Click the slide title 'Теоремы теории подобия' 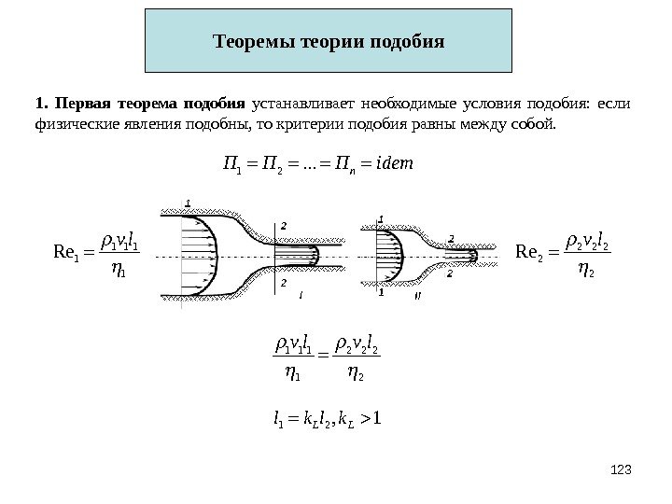click(x=329, y=42)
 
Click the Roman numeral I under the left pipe click(x=301, y=294)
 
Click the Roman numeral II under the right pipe click(x=416, y=294)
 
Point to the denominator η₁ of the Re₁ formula click(x=117, y=266)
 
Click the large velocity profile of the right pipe click(x=390, y=253)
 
